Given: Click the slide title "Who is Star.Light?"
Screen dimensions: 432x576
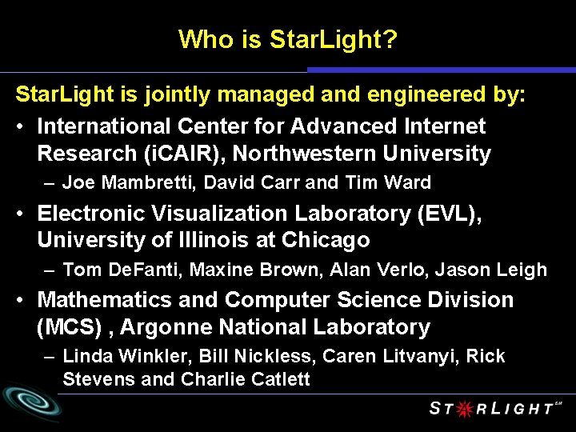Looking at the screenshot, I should pos(287,38).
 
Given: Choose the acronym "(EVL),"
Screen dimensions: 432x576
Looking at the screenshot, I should pos(444,214).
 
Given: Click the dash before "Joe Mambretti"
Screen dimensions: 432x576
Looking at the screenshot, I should pos(50,182).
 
